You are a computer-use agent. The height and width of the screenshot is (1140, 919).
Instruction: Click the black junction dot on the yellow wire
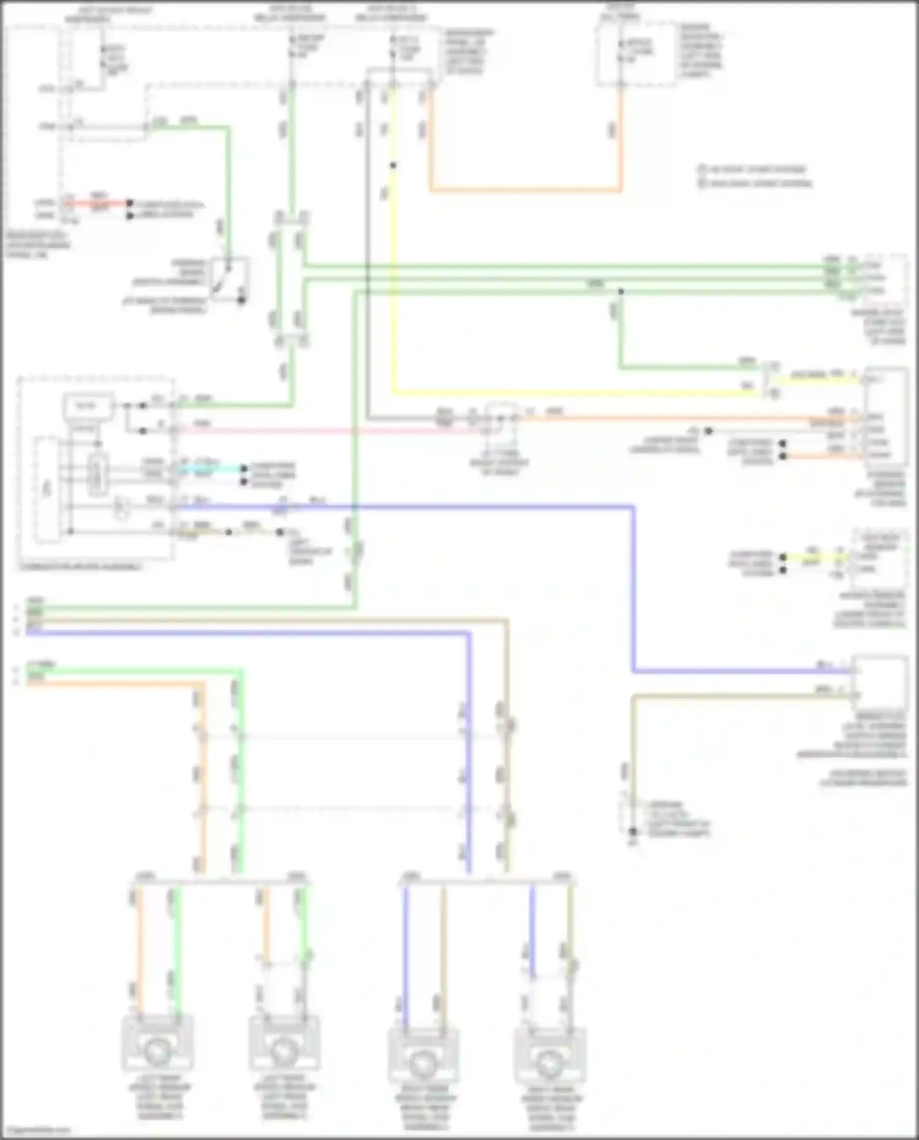coord(393,165)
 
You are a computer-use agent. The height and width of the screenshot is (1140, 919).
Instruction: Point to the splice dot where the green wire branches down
coord(621,292)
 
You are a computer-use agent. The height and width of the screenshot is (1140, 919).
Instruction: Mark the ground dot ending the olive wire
coord(633,831)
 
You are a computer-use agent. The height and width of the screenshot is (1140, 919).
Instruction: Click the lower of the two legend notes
coord(757,183)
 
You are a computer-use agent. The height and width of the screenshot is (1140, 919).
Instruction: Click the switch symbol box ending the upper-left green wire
coord(229,279)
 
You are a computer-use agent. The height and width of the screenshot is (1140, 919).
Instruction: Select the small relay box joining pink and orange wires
coord(502,418)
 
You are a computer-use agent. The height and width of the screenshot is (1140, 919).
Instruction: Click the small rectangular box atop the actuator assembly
coord(88,406)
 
